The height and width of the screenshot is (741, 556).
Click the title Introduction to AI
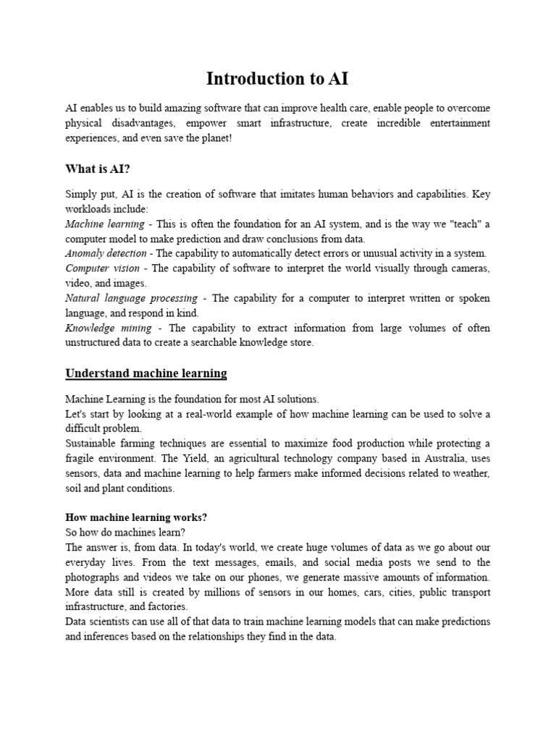(x=277, y=78)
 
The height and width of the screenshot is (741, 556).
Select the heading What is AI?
(x=98, y=169)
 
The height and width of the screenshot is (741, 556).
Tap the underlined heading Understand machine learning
(x=146, y=373)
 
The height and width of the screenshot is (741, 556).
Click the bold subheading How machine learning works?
(x=136, y=517)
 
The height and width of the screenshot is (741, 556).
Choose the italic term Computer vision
(x=102, y=268)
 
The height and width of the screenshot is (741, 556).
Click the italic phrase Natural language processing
(x=131, y=298)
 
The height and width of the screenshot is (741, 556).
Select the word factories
(x=167, y=606)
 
